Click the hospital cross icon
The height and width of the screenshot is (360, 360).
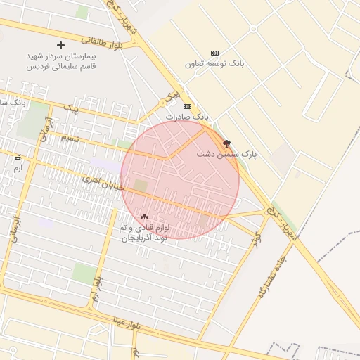click(61, 45)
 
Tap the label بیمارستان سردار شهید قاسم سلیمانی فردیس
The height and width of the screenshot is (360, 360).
click(61, 60)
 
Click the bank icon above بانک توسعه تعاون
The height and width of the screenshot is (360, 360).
click(214, 53)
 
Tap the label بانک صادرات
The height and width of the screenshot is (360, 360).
click(187, 115)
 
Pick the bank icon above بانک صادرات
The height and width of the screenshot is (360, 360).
click(186, 106)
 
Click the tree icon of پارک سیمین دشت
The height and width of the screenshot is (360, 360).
click(226, 142)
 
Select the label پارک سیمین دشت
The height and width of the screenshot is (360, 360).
click(227, 153)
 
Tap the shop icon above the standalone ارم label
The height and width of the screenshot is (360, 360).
click(18, 158)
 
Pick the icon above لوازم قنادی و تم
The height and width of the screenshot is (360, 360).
click(144, 217)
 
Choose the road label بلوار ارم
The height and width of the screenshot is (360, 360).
click(96, 289)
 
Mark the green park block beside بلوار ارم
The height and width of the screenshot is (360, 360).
click(84, 274)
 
